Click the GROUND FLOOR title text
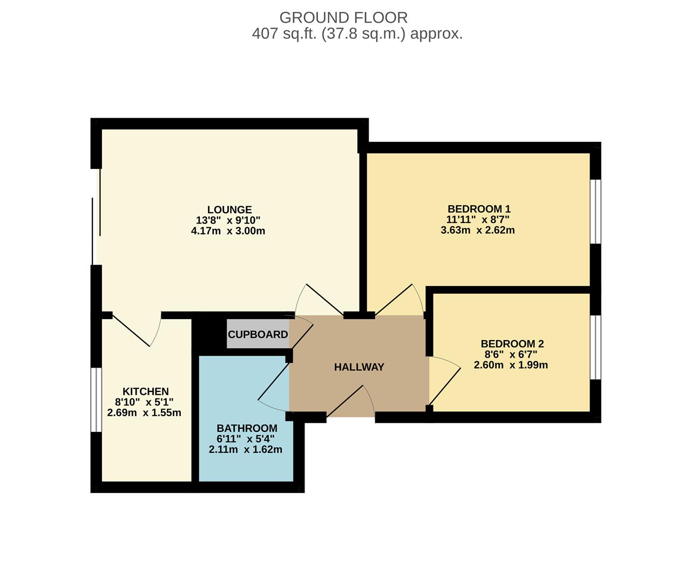pyautogui.click(x=343, y=17)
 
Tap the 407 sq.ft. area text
pyautogui.click(x=357, y=34)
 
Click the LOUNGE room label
pyautogui.click(x=229, y=210)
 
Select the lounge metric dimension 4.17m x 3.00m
pyautogui.click(x=228, y=232)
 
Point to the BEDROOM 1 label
pyautogui.click(x=479, y=209)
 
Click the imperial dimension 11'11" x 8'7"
pyautogui.click(x=478, y=220)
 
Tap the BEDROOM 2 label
pyautogui.click(x=512, y=344)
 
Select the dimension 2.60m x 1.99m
pyautogui.click(x=511, y=365)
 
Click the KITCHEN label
pyautogui.click(x=145, y=391)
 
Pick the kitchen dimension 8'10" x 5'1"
pyautogui.click(x=144, y=402)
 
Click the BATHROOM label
pyautogui.click(x=247, y=428)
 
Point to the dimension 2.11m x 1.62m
pyautogui.click(x=246, y=450)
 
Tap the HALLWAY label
pyautogui.click(x=359, y=367)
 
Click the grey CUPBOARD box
pyautogui.click(x=258, y=335)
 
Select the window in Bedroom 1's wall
pyautogui.click(x=595, y=212)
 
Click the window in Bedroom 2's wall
pyautogui.click(x=595, y=347)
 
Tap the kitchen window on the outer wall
pyautogui.click(x=96, y=399)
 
